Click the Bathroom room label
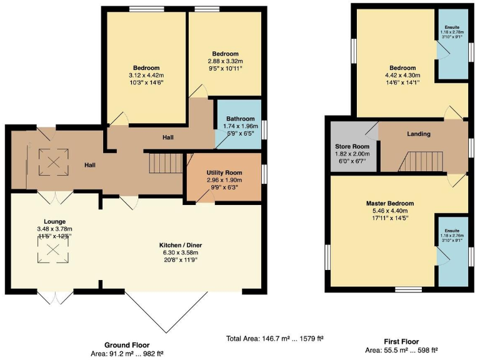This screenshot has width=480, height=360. click(241, 119)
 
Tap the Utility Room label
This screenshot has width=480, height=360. click(224, 172)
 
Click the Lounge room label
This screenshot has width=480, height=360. click(54, 221)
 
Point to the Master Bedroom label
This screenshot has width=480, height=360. click(390, 204)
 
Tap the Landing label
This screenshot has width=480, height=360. click(418, 134)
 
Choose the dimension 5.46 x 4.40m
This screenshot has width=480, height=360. click(390, 211)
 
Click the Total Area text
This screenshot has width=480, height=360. click(274, 339)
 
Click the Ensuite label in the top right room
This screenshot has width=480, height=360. click(451, 27)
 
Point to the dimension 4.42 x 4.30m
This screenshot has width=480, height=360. click(402, 76)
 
